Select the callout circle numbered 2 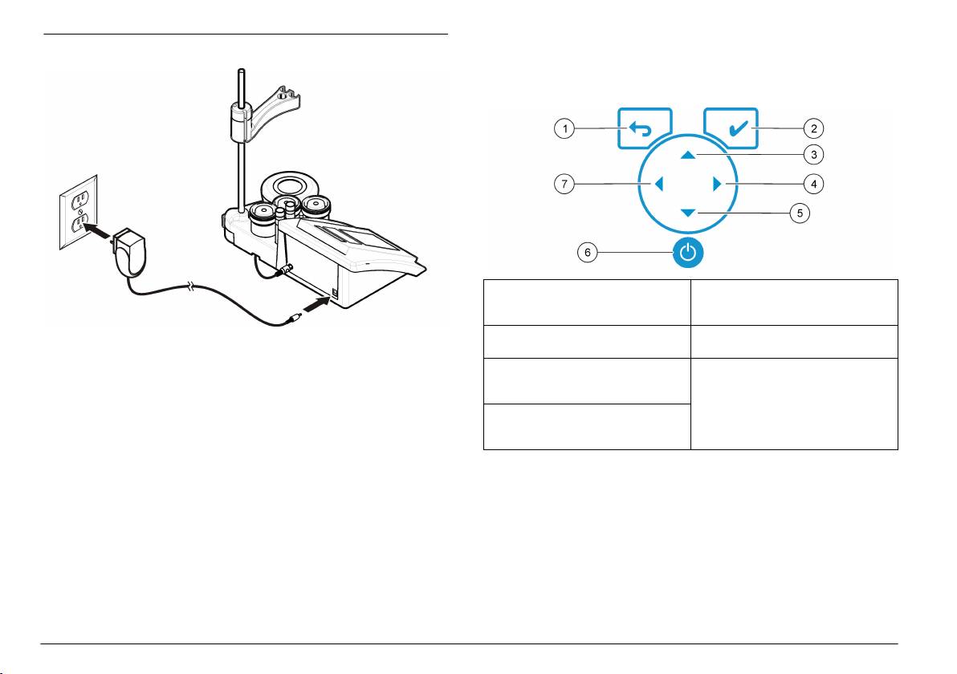click(815, 128)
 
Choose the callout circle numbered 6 click(587, 253)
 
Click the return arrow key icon click(645, 129)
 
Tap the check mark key click(731, 128)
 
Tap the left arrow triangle click(658, 185)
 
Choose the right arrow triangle click(718, 185)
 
